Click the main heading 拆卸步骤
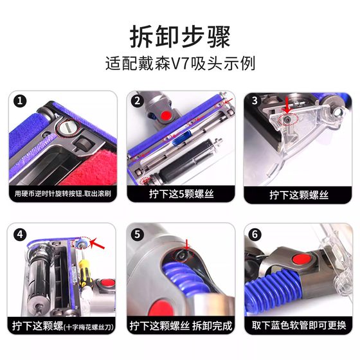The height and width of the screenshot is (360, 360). pos(180,37)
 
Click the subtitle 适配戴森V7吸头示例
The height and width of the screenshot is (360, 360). pos(180,64)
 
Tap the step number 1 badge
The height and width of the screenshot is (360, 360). pos(20,101)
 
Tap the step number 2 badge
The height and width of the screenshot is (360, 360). pos(138,101)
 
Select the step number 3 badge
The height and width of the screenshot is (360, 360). pos(255,101)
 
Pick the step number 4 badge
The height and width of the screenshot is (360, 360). pos(20,235)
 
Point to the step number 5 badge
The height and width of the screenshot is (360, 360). pos(138,235)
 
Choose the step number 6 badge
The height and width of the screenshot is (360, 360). pos(255,235)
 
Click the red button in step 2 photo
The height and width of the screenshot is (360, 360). pos(166,114)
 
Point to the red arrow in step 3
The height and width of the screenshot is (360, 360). pos(287,105)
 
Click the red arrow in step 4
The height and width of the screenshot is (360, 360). pos(97,244)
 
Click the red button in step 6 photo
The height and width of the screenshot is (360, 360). pos(301,260)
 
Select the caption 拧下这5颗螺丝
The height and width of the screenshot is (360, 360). pos(181,194)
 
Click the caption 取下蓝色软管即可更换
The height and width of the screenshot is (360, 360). pos(298,325)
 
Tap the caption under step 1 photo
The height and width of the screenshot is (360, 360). pos(63,194)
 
